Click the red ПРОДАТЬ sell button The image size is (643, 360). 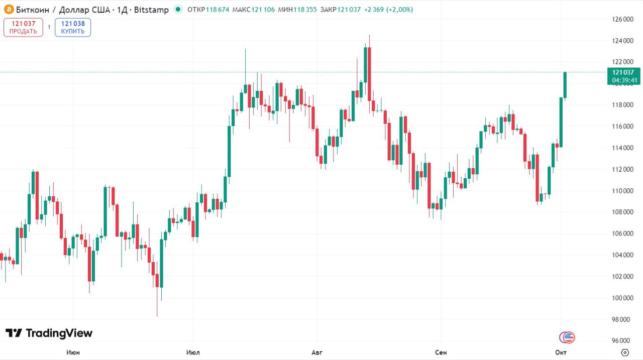(23, 27)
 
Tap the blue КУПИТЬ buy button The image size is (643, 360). (73, 27)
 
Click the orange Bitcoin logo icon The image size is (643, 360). (8, 10)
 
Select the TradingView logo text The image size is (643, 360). (49, 333)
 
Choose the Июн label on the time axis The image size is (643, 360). (73, 352)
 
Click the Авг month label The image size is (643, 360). (317, 352)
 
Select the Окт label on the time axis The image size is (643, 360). (561, 352)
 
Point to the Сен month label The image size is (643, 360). (441, 352)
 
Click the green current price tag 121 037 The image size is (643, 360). (625, 72)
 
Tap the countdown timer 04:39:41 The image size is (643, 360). (625, 80)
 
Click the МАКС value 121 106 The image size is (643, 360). (263, 10)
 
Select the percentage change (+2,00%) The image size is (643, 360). (400, 10)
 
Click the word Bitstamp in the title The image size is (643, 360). (152, 10)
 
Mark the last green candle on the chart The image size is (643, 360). (565, 85)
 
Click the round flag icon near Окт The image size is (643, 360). (567, 337)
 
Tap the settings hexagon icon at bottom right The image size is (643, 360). (625, 352)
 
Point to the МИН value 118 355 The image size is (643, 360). (305, 10)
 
